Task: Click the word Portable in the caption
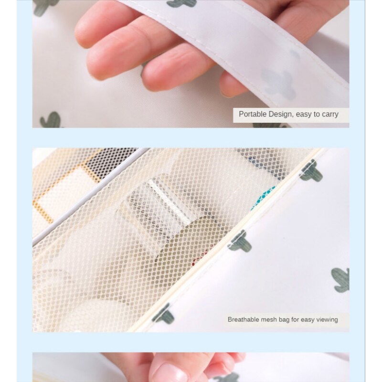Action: click(253, 114)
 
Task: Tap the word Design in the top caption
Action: click(280, 115)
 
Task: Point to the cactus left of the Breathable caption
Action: click(163, 314)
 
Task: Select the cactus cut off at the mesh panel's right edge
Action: click(240, 242)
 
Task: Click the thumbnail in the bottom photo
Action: click(169, 373)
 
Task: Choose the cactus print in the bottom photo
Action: click(224, 378)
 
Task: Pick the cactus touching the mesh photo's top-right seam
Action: click(311, 171)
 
